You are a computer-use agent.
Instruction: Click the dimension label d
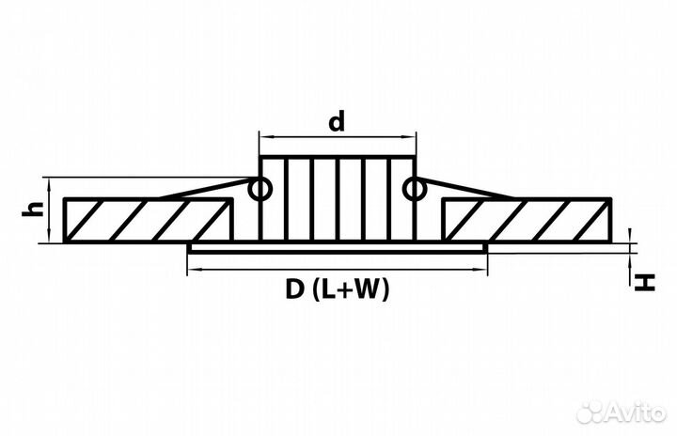[x=337, y=121]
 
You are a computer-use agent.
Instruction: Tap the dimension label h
[x=33, y=209]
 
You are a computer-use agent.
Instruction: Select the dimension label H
[x=645, y=283]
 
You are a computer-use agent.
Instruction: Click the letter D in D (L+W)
[x=294, y=289]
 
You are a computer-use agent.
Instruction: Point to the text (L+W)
[x=350, y=289]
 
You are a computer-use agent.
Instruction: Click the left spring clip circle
[x=260, y=189]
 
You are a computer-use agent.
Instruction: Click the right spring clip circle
[x=415, y=189]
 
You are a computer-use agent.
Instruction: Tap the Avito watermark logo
[x=622, y=413]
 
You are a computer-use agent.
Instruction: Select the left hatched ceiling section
[x=149, y=220]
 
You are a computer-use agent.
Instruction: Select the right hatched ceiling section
[x=527, y=220]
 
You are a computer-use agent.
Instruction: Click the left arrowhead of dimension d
[x=263, y=137]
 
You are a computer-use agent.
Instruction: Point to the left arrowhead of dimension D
[x=192, y=270]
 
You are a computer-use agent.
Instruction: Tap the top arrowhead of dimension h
[x=50, y=182]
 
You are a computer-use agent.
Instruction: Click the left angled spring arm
[x=205, y=188]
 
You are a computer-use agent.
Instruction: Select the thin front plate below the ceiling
[x=338, y=248]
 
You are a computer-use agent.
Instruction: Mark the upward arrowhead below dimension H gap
[x=631, y=257]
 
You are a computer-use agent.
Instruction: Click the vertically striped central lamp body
[x=338, y=199]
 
